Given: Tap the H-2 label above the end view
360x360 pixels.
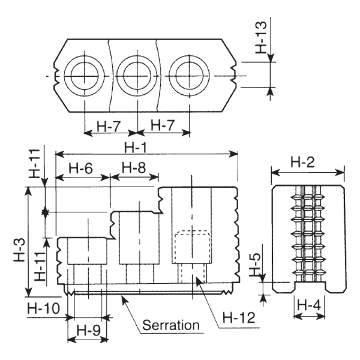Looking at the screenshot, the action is point(302,162).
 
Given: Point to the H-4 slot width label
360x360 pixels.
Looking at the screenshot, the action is point(309,305).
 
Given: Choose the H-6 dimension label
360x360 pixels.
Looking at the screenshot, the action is point(81,168).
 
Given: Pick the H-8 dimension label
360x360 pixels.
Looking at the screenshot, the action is point(134,167).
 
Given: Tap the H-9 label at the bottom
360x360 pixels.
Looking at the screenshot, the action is point(88,331).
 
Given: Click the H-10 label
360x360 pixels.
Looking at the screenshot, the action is point(44,308).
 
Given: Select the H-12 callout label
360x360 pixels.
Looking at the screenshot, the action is point(239,317).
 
